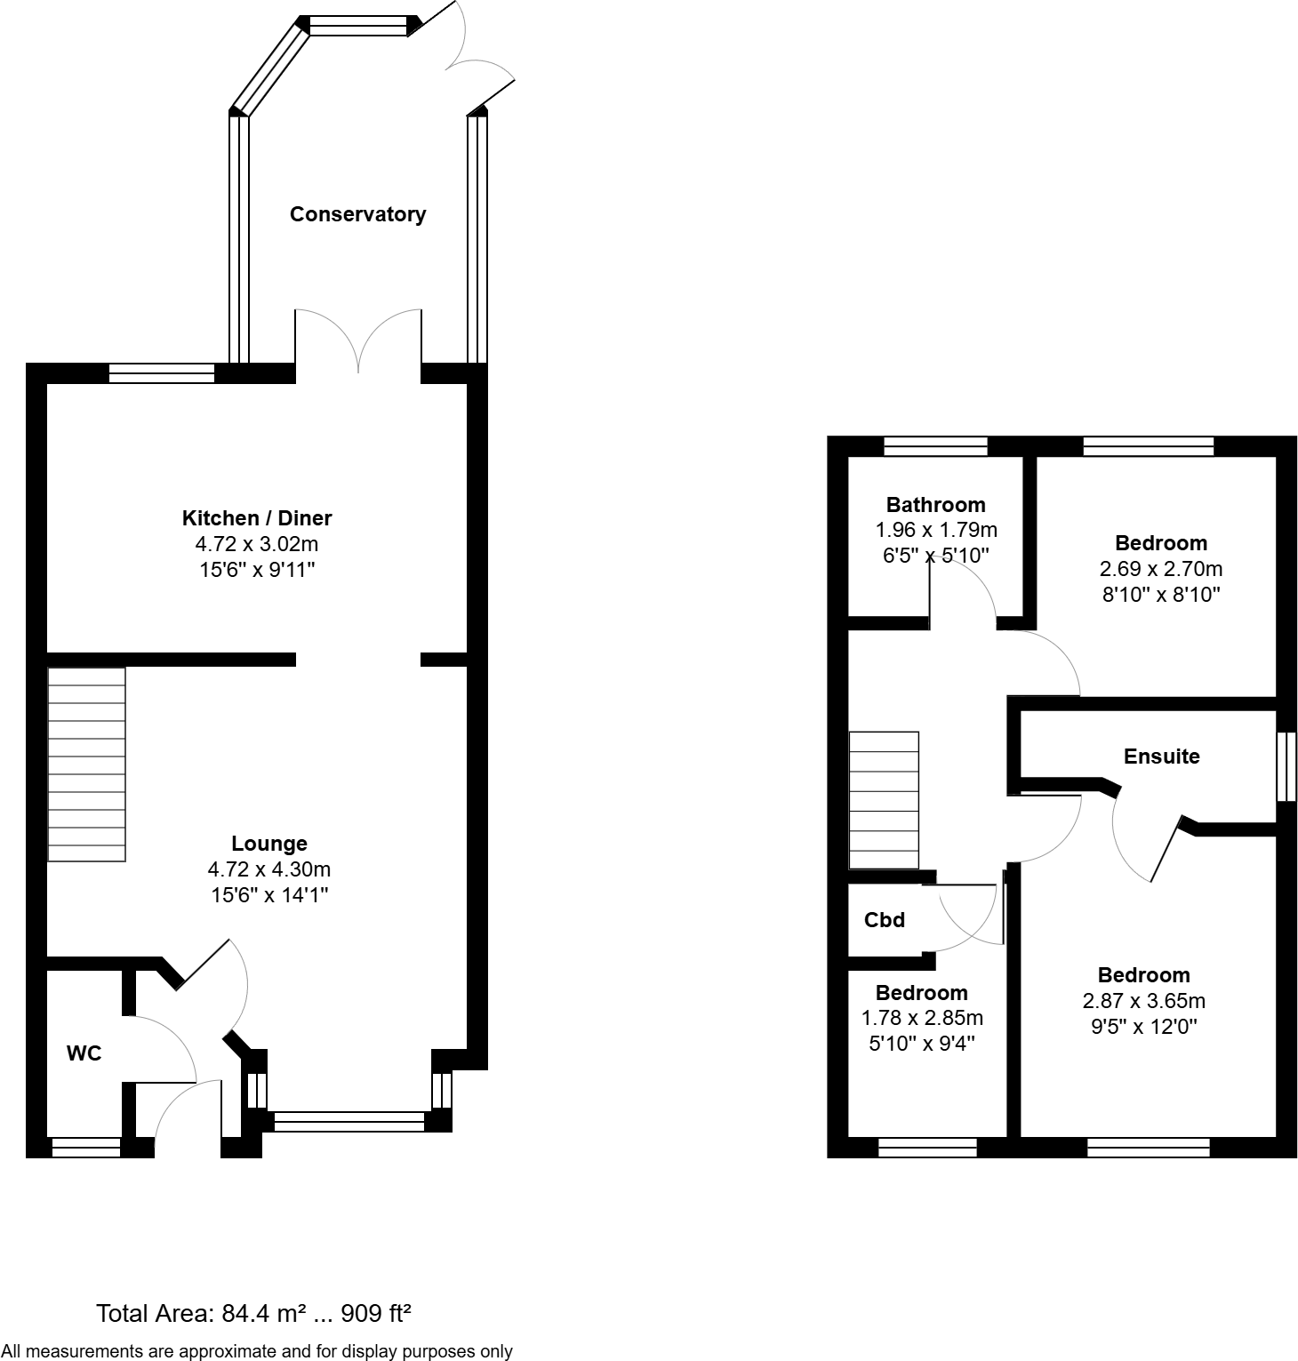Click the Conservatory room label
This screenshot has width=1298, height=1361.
[357, 214]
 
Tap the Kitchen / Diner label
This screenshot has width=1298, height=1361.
[257, 518]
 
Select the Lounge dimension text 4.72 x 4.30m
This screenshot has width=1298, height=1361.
[268, 869]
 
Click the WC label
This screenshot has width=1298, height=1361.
[84, 1053]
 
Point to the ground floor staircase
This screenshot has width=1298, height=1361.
[86, 765]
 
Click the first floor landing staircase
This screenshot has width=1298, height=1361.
[884, 800]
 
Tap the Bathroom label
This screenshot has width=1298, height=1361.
[935, 505]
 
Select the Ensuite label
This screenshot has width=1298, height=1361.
[1161, 757]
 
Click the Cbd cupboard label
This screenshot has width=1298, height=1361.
[885, 920]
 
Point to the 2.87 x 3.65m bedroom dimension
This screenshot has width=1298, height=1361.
[1143, 1001]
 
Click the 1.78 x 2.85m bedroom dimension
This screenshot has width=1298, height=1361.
[922, 1018]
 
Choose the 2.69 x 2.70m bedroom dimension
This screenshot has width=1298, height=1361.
[1161, 569]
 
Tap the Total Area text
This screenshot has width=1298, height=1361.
[253, 1313]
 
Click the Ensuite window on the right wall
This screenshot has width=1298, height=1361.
[1286, 766]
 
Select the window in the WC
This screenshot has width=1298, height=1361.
[86, 1148]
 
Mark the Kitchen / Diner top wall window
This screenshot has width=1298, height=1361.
[162, 373]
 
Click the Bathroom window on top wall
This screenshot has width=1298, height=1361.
[935, 446]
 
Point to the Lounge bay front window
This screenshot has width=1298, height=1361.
[349, 1122]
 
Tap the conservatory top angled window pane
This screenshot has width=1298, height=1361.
[357, 26]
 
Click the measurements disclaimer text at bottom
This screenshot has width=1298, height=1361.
[257, 1351]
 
